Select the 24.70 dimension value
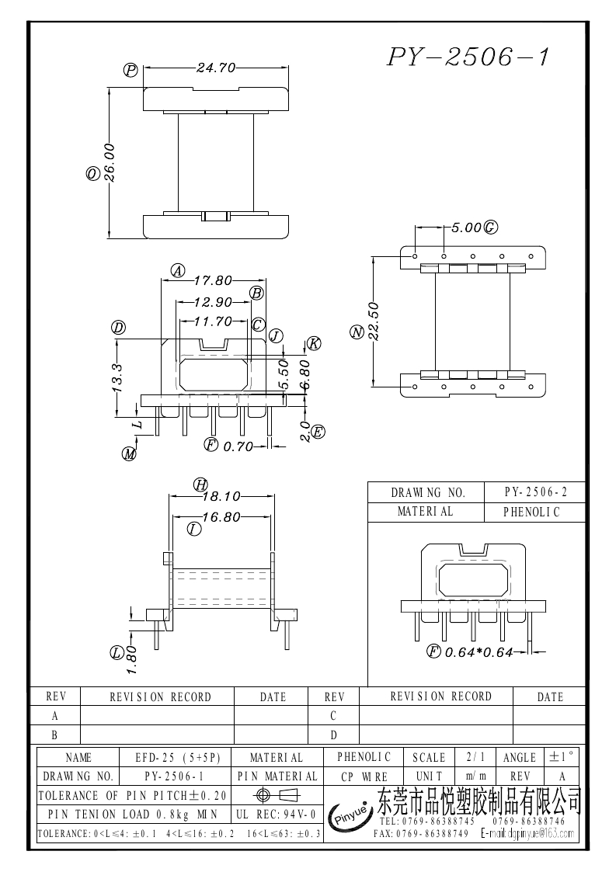click(215, 68)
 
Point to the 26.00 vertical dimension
click(110, 162)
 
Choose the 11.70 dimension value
click(213, 321)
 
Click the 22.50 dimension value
click(374, 321)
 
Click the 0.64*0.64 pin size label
click(479, 652)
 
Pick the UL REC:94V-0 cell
click(276, 814)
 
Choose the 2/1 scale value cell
click(472, 756)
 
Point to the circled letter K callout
click(313, 343)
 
